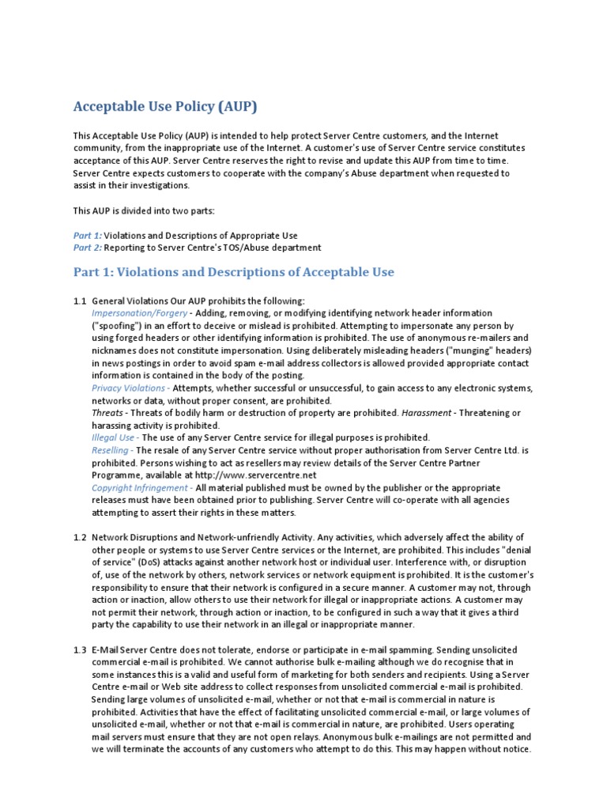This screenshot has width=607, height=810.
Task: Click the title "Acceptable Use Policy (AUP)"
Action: [165, 106]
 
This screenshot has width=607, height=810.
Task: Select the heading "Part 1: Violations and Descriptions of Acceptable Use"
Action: [233, 272]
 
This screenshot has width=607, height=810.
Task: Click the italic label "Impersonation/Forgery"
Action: [138, 313]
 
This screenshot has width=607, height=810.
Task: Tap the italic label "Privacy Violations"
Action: [130, 388]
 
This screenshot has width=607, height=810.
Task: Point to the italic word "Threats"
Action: [107, 413]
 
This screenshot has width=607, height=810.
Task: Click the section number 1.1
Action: [79, 301]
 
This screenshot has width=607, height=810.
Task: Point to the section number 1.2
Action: [79, 537]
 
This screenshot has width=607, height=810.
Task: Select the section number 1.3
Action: [79, 649]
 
